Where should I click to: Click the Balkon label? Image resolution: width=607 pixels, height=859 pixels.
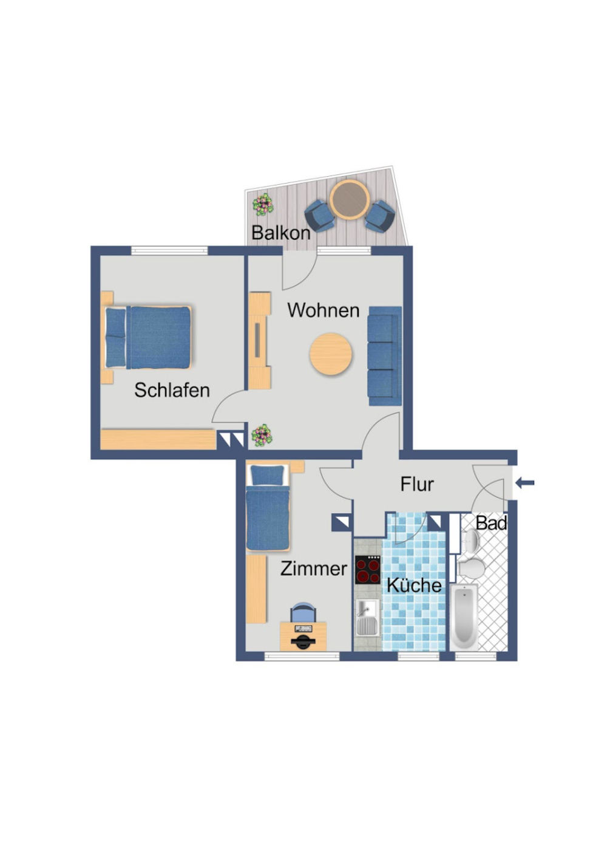281,233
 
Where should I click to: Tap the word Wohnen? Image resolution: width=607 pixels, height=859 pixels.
324,310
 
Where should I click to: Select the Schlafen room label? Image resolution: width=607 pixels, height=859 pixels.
172,391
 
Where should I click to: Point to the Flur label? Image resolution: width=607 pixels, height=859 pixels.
417,484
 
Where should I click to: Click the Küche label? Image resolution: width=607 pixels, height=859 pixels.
414,585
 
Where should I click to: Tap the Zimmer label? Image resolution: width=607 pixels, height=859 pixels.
314,569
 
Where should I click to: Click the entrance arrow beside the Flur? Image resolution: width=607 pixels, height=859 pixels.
525,483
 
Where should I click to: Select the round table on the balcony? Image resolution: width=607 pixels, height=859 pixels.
350,200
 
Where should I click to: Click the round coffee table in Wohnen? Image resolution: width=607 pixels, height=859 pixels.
331,354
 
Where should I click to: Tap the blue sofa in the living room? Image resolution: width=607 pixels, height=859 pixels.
385,356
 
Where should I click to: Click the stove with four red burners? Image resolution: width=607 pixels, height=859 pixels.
367,569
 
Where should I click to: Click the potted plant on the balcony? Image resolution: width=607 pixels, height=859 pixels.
263,205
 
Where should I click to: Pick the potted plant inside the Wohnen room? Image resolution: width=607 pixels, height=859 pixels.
262,436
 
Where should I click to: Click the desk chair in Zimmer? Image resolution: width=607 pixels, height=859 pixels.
303,612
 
